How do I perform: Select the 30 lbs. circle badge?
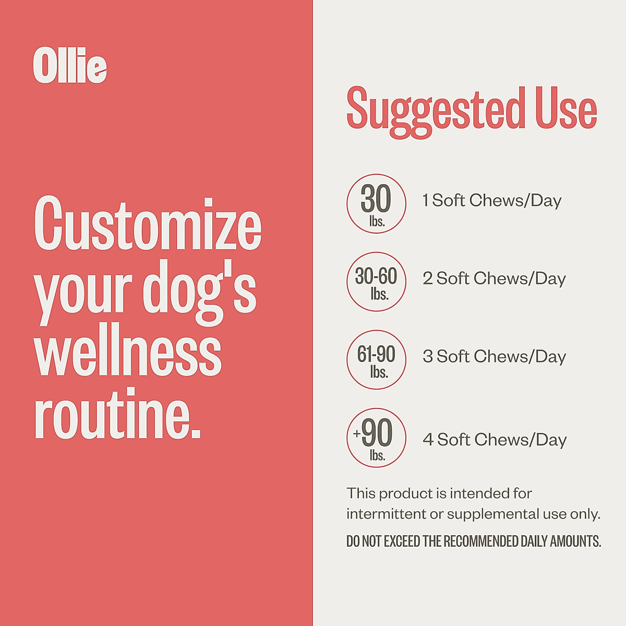point(376,203)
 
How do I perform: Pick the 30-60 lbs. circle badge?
point(376,282)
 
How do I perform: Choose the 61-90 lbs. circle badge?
point(376,359)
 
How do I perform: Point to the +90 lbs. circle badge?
point(376,438)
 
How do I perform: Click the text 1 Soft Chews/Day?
point(492,200)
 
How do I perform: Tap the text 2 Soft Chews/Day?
point(494,279)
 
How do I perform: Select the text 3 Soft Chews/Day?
point(494,357)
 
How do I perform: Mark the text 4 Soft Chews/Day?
point(495,440)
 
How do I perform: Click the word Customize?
point(148,224)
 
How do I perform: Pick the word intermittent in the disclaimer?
point(386,514)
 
